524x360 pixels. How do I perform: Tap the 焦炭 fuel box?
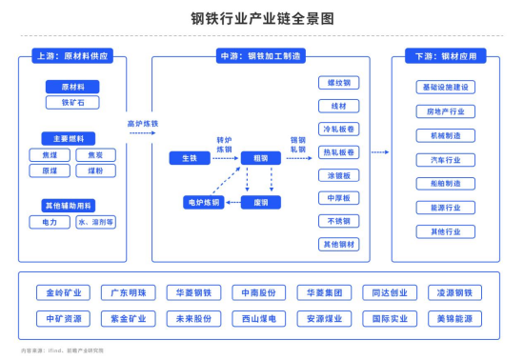point(95,154)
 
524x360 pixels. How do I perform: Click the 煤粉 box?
point(95,170)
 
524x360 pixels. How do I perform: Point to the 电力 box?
point(50,222)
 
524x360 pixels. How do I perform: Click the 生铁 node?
point(191,157)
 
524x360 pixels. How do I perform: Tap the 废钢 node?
point(260,202)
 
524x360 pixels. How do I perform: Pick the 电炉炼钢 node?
point(203,202)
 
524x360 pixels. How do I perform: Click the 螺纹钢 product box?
point(338,83)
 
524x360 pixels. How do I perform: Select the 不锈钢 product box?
point(338,221)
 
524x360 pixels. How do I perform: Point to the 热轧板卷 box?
point(338,152)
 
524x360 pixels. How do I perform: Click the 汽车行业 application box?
point(445,159)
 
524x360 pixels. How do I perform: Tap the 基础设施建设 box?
point(445,88)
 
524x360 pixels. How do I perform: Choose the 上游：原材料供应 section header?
point(71,56)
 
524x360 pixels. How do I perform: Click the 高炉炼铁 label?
point(143,123)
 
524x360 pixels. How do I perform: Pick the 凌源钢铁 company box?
point(453,292)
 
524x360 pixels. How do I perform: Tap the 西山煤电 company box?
point(258,318)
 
